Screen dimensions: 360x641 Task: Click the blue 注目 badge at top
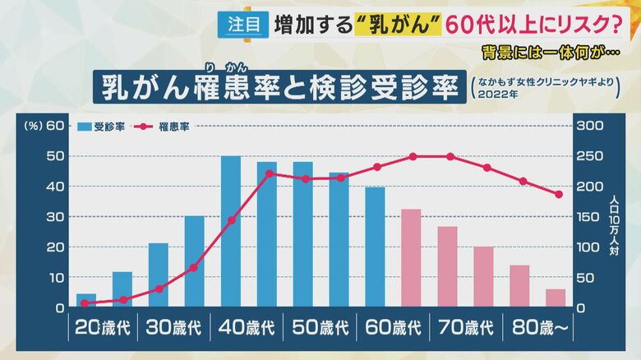[244, 25]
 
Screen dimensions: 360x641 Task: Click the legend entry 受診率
[103, 127]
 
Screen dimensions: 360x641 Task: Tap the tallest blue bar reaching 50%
[231, 231]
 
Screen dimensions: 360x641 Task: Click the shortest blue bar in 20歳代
[86, 300]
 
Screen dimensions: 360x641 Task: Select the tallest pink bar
[411, 258]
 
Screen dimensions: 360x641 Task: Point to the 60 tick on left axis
[55, 126]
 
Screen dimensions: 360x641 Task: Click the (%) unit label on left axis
[33, 126]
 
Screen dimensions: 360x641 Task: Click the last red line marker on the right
[559, 194]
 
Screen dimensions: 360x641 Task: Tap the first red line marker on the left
[85, 303]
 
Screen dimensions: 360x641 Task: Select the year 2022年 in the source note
[502, 95]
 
